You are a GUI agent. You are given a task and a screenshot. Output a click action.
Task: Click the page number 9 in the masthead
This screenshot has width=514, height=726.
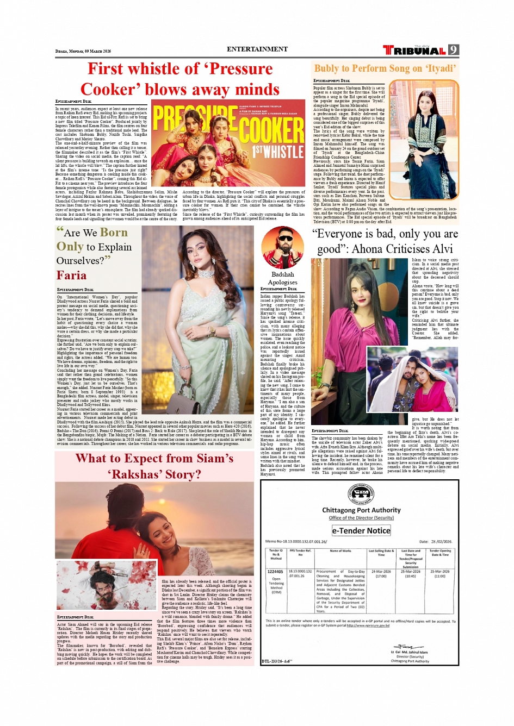click(454, 50)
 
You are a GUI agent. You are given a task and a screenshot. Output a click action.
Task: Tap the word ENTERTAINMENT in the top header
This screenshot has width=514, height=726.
click(257, 49)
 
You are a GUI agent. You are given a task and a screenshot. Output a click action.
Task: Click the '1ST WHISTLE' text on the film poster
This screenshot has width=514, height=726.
click(278, 151)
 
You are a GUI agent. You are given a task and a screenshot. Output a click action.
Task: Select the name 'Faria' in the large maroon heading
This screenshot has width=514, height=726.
click(71, 276)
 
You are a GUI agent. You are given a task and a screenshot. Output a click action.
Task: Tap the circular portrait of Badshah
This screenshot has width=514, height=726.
click(282, 247)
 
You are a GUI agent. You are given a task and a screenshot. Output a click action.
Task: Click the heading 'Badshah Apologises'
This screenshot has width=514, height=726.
click(283, 278)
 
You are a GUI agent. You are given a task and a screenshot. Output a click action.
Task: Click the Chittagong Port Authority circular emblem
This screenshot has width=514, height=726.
click(361, 495)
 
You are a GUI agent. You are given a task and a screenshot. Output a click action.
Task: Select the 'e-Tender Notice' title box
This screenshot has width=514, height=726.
click(361, 530)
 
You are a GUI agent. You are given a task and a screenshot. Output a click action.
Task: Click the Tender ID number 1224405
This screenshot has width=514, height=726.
click(275, 572)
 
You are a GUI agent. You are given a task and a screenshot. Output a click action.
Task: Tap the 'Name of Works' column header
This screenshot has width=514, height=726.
click(340, 551)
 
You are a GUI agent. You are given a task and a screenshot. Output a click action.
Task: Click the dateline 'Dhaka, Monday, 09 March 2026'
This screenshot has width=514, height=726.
click(83, 51)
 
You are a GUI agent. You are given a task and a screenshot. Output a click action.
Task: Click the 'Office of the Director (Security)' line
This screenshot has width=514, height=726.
click(361, 518)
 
